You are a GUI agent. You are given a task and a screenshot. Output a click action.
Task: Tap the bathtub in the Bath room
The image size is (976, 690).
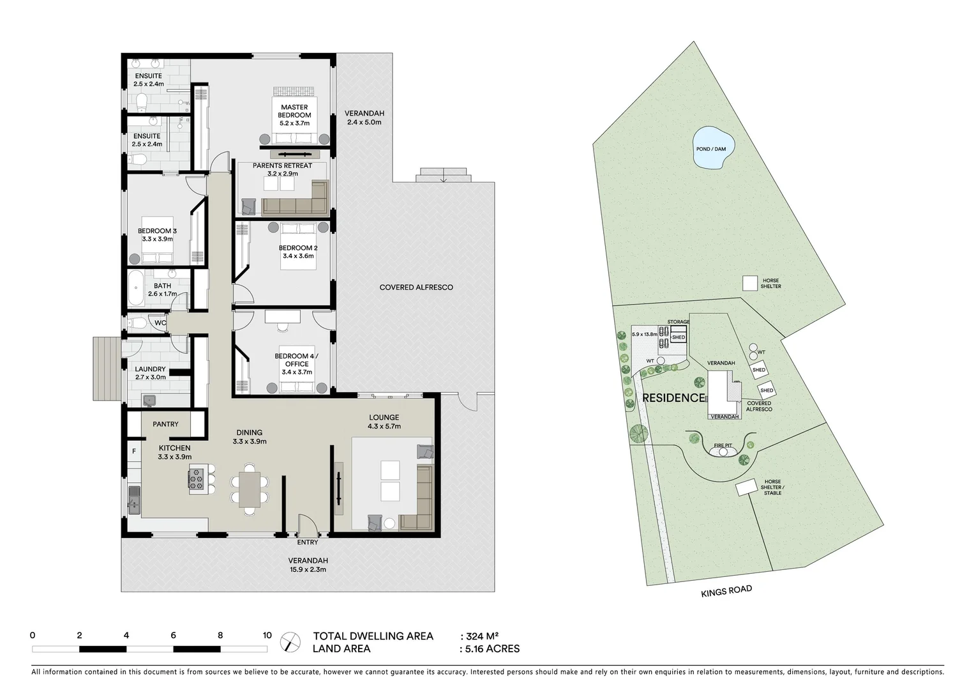click(x=136, y=289)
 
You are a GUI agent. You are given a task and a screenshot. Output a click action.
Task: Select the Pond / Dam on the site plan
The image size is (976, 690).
click(x=711, y=149)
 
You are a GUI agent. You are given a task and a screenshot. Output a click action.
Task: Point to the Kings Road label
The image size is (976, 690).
click(x=726, y=591)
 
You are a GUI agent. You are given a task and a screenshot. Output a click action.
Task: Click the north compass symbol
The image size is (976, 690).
click(x=290, y=641)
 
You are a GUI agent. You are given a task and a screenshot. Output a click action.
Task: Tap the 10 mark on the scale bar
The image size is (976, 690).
click(x=267, y=636)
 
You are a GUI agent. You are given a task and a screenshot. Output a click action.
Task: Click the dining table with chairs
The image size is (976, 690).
click(x=250, y=489)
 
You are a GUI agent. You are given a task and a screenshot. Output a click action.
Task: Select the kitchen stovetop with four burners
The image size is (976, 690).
click(x=197, y=479)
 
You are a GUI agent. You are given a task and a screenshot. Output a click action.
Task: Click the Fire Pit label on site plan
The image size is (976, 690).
click(x=723, y=445)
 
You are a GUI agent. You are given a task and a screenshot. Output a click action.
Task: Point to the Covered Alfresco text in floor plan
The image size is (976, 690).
click(x=416, y=287)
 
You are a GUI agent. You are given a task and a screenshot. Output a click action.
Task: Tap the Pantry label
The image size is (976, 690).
click(x=165, y=424)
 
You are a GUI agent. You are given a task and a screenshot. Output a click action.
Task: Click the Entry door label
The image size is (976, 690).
click(x=307, y=542)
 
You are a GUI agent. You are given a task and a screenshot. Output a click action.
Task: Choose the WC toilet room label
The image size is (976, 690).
click(x=160, y=323)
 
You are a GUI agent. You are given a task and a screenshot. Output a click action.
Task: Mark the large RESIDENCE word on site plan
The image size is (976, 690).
click(x=673, y=398)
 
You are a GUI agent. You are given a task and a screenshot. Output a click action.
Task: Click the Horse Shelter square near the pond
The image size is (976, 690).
click(x=749, y=283)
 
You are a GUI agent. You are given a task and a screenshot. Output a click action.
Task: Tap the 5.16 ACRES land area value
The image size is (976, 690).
click(x=492, y=649)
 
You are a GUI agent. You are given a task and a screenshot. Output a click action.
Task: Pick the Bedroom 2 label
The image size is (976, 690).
click(x=297, y=252)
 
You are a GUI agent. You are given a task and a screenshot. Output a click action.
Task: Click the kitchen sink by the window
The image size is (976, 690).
click(x=133, y=499)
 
